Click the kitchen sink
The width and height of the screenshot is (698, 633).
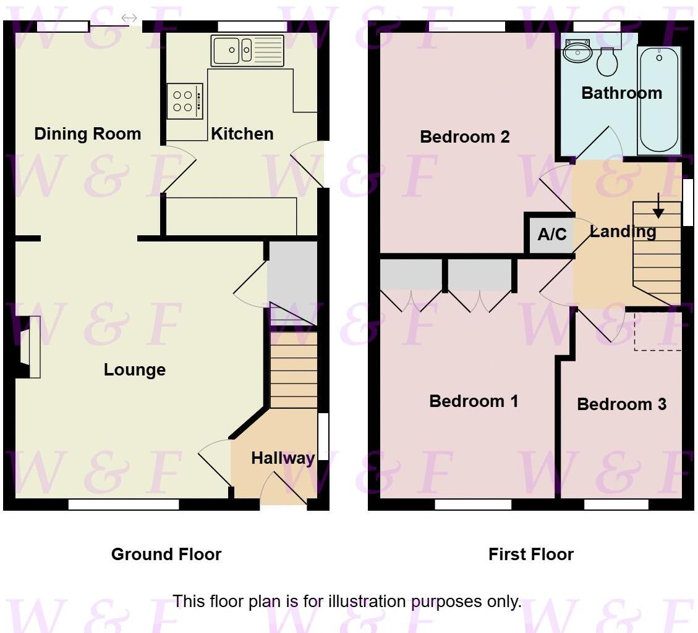click(247, 51)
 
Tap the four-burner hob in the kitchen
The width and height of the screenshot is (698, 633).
click(184, 101)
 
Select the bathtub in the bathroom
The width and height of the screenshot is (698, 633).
click(658, 101)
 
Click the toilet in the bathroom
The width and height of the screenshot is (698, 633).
click(608, 61)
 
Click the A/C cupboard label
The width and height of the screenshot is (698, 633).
click(552, 235)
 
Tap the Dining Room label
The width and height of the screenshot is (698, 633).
click(87, 134)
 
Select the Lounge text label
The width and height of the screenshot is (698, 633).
click(134, 370)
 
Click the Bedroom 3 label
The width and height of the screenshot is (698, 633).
click(621, 405)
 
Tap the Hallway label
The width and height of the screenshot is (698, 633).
click(283, 458)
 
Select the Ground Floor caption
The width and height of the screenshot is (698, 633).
click(166, 554)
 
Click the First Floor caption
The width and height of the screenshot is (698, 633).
click(530, 554)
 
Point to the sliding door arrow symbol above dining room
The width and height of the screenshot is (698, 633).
click(129, 19)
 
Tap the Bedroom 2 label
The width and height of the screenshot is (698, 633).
click(464, 137)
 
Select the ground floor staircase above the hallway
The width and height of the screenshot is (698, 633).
click(294, 371)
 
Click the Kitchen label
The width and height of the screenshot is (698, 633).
click(242, 134)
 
